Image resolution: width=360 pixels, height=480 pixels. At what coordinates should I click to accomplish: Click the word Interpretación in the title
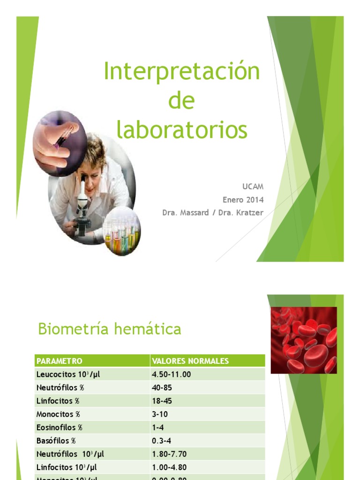pos(182,72)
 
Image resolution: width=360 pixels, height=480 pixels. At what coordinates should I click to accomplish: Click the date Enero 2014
pos(243,200)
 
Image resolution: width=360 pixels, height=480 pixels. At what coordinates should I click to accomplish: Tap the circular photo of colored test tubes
pos(121,230)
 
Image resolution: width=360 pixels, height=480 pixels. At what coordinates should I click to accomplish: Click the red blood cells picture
pos(304,340)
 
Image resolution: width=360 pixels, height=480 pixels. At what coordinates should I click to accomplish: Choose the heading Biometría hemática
pos(109,329)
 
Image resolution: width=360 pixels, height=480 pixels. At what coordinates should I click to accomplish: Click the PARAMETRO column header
pos(60,361)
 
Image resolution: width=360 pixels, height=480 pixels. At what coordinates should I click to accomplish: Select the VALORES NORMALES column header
pos(190,361)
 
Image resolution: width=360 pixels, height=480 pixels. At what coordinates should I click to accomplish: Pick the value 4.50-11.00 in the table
pos(172,374)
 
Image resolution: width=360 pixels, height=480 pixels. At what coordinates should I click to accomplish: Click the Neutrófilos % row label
pos(60,388)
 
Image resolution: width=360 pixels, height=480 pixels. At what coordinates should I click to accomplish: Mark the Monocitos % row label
pos(59,414)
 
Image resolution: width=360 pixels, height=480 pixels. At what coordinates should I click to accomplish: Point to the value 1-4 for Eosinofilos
pos(158,427)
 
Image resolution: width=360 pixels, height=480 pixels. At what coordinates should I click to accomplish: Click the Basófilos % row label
pos(56,441)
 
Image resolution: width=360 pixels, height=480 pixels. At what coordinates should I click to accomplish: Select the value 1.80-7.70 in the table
pos(169,454)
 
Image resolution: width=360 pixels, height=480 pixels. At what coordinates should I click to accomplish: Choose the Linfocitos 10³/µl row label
pos(67,467)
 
